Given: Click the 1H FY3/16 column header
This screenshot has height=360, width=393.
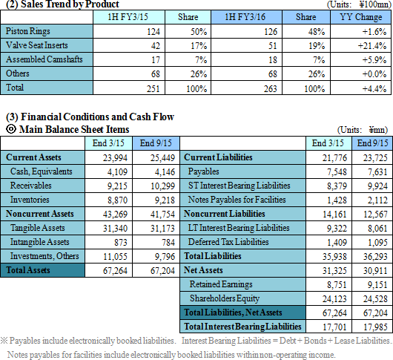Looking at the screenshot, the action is click(245, 17).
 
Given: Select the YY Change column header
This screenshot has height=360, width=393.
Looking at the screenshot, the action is click(361, 17).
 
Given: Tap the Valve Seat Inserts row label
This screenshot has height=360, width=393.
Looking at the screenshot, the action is click(37, 45).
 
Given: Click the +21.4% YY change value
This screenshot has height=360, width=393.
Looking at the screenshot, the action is click(372, 46).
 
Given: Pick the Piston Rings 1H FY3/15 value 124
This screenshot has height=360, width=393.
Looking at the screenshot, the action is click(153, 32).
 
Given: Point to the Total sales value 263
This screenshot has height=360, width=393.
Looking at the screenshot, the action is click(270, 88).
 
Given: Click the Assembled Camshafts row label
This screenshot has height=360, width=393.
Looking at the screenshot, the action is click(44, 59).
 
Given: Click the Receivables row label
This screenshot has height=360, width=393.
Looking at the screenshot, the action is click(31, 186).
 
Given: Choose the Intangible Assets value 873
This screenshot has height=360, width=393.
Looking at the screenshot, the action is click(121, 242).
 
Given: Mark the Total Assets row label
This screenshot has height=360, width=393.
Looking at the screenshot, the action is click(28, 270).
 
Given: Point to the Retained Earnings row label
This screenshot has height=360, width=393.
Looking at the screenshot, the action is click(221, 284).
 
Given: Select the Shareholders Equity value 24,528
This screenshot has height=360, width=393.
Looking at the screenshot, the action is click(375, 299).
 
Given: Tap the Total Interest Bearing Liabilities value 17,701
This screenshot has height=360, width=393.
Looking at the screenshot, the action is click(334, 327).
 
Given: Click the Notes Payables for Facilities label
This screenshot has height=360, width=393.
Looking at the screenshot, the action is click(237, 200).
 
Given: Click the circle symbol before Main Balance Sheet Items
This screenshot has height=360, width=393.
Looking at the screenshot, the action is click(11, 129).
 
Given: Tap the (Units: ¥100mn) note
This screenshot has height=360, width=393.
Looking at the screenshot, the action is click(359, 4).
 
